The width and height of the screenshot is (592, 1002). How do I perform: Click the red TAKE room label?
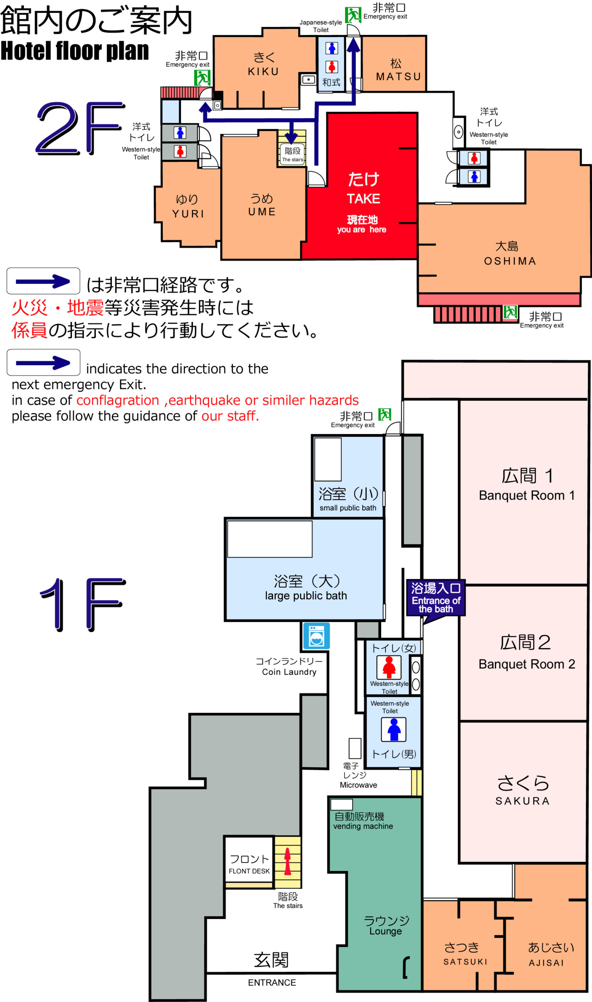tap(363, 198)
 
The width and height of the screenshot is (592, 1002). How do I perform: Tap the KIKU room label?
tap(264, 71)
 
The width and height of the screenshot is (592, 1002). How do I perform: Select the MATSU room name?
tap(399, 77)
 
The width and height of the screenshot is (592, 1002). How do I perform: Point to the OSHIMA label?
tap(510, 261)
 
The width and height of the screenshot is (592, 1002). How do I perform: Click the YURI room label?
tap(188, 214)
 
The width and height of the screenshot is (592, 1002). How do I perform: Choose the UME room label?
tap(262, 212)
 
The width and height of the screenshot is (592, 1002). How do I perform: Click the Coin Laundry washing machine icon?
tap(316, 636)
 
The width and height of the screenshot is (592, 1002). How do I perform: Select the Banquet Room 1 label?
tap(527, 495)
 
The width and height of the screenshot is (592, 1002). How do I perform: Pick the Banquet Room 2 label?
tap(527, 664)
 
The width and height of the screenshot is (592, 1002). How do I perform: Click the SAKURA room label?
tap(523, 801)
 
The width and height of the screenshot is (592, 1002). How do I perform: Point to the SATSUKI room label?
tap(466, 962)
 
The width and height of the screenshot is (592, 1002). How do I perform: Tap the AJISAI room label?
tap(547, 963)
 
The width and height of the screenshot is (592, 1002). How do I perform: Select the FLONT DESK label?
tap(249, 871)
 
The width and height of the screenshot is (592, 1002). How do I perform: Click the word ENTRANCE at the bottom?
tap(272, 982)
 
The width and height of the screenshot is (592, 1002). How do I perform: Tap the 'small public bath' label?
tap(348, 508)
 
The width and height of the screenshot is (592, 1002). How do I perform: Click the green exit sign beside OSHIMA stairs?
tap(510, 312)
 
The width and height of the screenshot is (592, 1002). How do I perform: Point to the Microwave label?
tap(358, 785)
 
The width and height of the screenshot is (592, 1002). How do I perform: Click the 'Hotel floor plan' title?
tap(75, 50)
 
